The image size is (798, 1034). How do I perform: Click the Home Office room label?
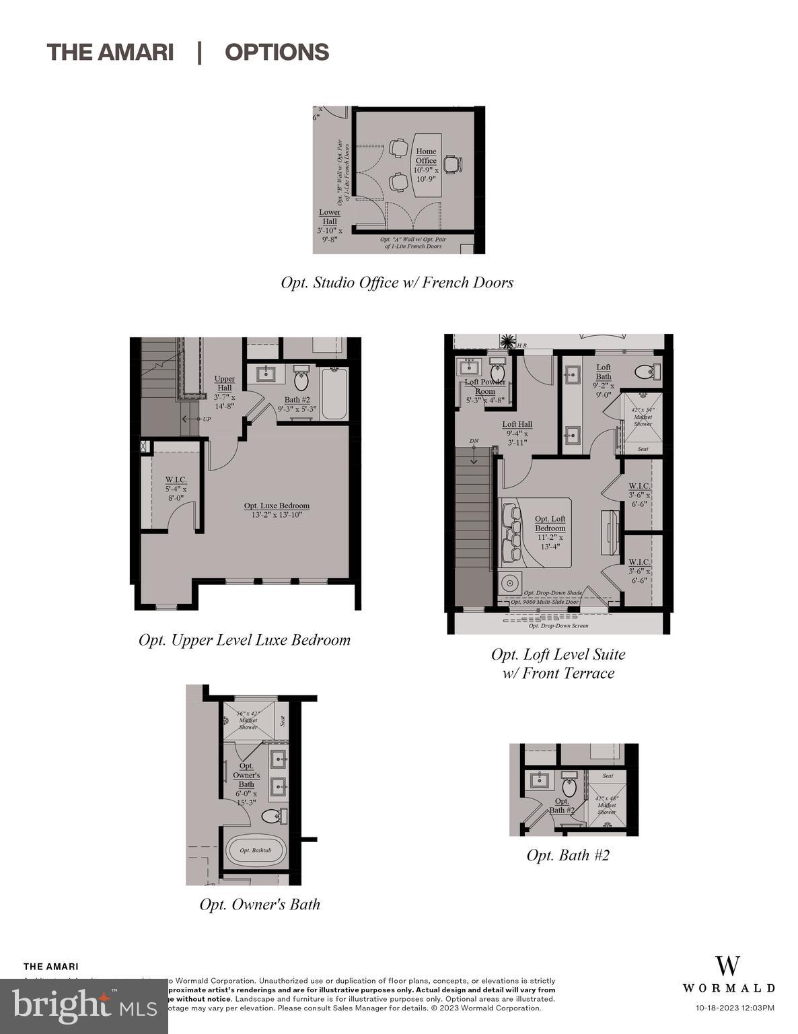tap(426, 156)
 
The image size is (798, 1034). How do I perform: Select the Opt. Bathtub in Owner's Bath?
tap(255, 850)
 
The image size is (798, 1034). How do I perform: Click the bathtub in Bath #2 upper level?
tap(334, 394)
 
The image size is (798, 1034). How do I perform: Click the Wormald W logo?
tap(727, 966)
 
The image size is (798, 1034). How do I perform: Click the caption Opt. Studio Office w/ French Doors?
tap(397, 283)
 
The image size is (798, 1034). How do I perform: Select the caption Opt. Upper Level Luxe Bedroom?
tap(244, 640)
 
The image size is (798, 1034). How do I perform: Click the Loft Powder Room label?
tap(484, 386)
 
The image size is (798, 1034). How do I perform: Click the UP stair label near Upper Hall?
tap(206, 419)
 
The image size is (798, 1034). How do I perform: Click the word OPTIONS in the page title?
tap(277, 53)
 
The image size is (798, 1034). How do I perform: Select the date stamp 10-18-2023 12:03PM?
tap(734, 1008)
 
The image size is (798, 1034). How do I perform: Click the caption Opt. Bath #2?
tap(568, 855)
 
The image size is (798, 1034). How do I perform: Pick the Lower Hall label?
tap(330, 217)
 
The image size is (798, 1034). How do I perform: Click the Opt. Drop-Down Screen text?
tap(558, 625)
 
